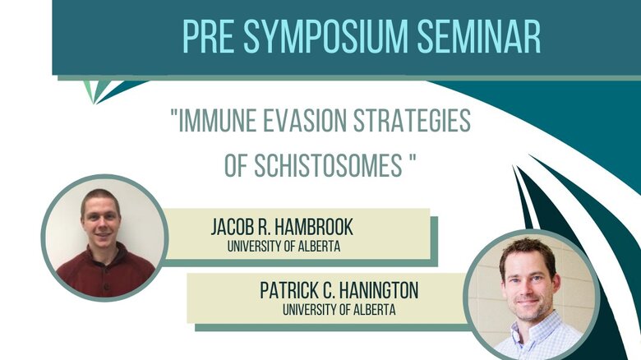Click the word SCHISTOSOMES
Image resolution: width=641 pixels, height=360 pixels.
pos(328,165)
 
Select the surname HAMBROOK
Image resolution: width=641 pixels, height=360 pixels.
pos(313,227)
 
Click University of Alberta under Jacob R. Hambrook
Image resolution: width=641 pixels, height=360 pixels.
pos(284,247)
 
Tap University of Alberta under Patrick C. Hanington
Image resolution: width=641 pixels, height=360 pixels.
pos(339,310)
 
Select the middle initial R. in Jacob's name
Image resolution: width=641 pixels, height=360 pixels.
pos(263,227)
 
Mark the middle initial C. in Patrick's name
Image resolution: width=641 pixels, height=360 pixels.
pos(330,290)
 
